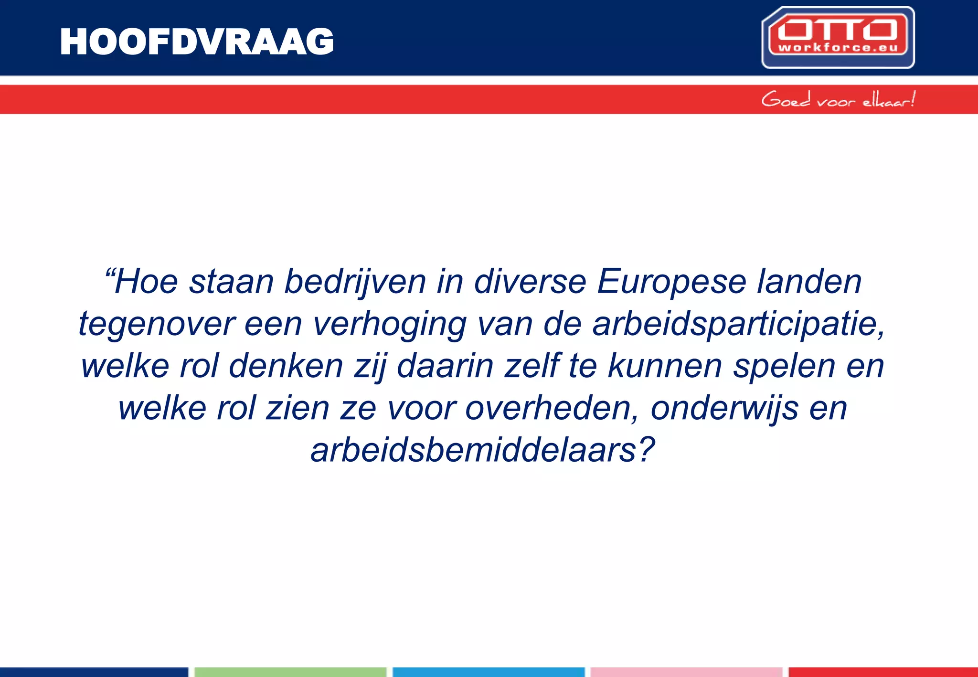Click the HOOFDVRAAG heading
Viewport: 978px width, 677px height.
pyautogui.click(x=197, y=42)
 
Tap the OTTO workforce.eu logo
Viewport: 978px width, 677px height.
pyautogui.click(x=838, y=37)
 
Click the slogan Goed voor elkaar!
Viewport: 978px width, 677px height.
pyautogui.click(x=838, y=100)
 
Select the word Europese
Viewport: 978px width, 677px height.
pyautogui.click(x=671, y=282)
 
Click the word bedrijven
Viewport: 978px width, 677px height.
pyautogui.click(x=355, y=282)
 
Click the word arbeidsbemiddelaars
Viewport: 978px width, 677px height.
pyautogui.click(x=482, y=451)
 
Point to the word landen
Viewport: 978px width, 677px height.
pyautogui.click(x=809, y=282)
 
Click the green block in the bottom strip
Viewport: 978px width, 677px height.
pyautogui.click(x=290, y=672)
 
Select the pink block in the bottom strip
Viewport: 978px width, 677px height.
pyautogui.click(x=686, y=672)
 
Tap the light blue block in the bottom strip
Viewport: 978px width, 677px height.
pyautogui.click(x=489, y=672)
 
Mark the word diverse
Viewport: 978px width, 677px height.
pyautogui.click(x=530, y=282)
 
